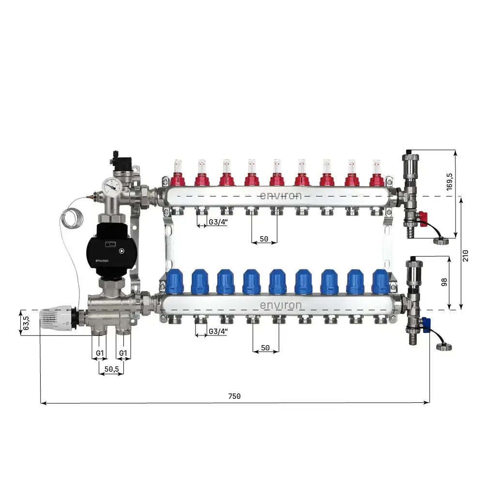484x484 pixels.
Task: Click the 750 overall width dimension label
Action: coord(234,396)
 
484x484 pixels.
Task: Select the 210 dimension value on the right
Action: coord(465,255)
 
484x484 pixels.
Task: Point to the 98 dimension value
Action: coord(444,282)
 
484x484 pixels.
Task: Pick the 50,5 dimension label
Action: coord(111,369)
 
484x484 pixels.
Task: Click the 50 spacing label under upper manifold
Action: coord(264,239)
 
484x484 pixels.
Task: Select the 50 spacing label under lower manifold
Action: coord(265,348)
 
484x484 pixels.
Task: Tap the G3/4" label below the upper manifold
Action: coord(218,223)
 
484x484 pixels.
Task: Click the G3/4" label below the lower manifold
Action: coord(218,332)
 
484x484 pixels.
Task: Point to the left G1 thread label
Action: coord(99,353)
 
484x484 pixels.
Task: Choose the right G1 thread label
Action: coord(123,353)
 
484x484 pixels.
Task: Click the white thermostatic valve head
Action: coord(56,317)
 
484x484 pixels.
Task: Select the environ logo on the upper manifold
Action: coord(281,196)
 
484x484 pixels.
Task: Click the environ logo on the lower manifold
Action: coord(281,305)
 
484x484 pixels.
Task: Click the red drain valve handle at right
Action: coord(423,219)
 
